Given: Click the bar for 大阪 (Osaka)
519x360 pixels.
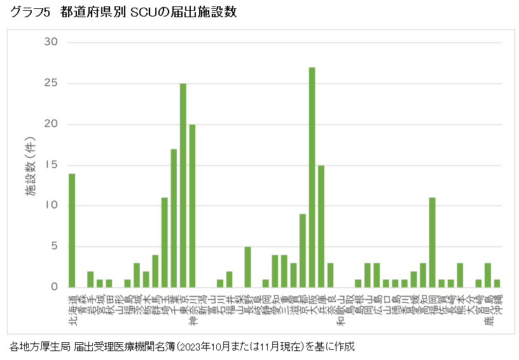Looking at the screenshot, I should [312, 177].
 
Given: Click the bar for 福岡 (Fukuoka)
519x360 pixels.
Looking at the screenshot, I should [432, 242].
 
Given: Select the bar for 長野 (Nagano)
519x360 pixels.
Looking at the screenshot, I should [247, 267].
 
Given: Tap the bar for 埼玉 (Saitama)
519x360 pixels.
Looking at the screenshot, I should [164, 242].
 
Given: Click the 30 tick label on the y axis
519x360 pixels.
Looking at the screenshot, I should [50, 43].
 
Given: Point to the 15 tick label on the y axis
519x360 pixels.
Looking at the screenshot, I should [50, 165].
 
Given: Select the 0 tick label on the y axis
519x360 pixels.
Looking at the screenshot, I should [54, 287].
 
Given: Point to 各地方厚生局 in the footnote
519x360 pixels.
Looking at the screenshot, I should [38, 347].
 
